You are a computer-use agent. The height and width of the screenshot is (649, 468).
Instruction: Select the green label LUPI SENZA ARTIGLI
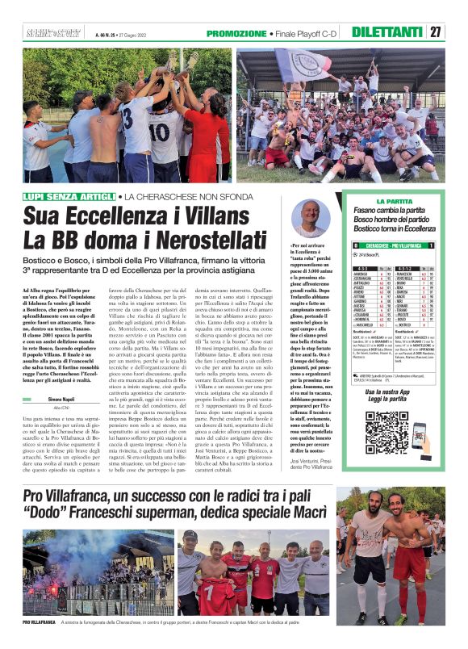(68, 196)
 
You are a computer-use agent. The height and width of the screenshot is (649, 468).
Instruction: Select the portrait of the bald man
(311, 217)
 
